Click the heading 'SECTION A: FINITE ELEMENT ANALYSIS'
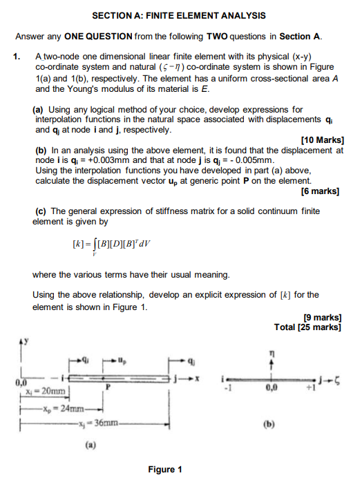click(179, 15)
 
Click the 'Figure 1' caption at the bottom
click(166, 470)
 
